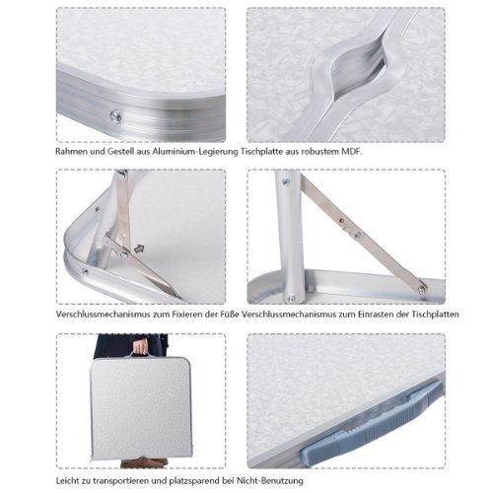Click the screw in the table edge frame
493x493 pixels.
click(x=115, y=116)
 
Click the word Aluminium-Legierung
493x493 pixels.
click(x=195, y=152)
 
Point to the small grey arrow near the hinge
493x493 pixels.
click(x=139, y=248)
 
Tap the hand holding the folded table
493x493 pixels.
click(x=141, y=346)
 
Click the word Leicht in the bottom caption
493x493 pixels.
click(x=67, y=481)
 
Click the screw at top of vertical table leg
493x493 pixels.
click(x=286, y=181)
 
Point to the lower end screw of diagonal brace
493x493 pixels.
click(x=422, y=290)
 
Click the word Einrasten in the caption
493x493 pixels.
click(x=376, y=315)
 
